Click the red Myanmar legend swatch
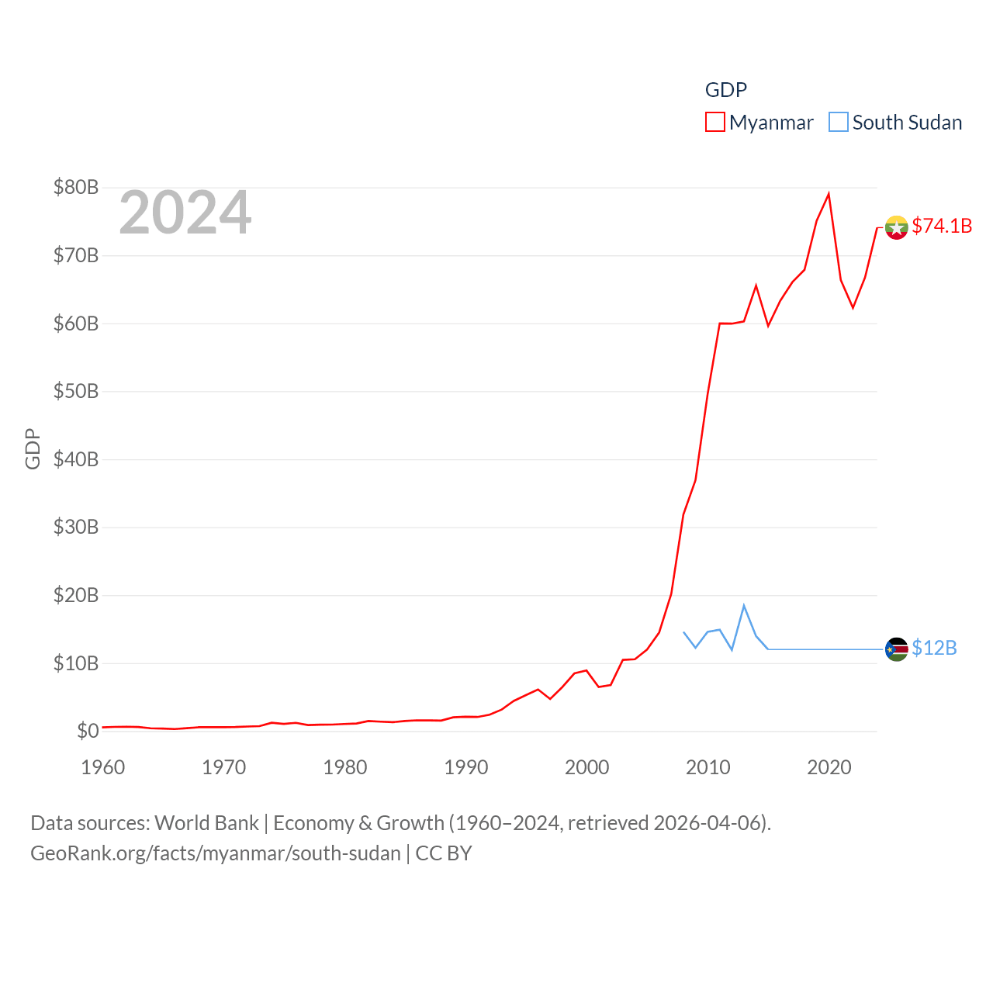(714, 123)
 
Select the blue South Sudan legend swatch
(839, 123)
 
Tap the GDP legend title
(725, 90)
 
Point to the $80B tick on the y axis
(76, 187)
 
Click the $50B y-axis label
(76, 391)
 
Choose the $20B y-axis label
(76, 595)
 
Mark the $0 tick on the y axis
(88, 731)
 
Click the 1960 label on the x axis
(103, 767)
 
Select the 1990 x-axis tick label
(466, 767)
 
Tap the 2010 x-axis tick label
(708, 767)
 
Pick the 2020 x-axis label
(829, 767)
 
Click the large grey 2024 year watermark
(185, 213)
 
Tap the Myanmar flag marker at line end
(896, 227)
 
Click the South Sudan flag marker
(896, 649)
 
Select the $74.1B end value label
(942, 226)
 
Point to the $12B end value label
(934, 648)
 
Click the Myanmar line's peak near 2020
(829, 194)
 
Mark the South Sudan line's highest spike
(744, 605)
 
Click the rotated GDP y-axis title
(33, 448)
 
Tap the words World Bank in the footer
(207, 822)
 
